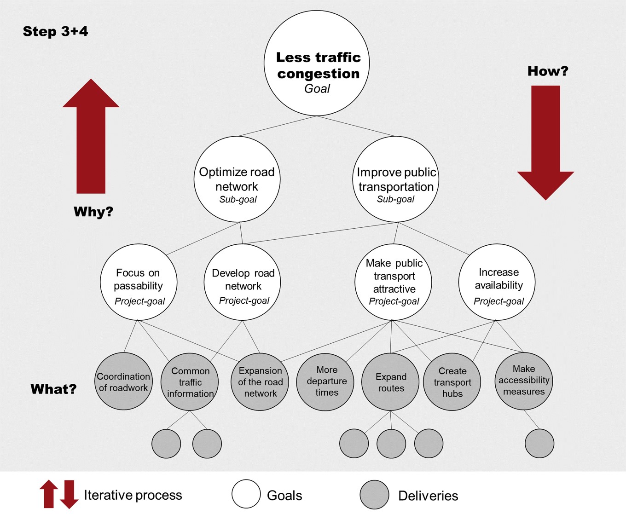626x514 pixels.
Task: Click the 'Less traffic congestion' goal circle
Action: [x=317, y=63]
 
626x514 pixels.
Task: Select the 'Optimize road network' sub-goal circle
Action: [x=237, y=179]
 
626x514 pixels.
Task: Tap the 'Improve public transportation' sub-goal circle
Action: [x=396, y=179]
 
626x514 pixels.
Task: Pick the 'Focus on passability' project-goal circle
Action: [x=139, y=282]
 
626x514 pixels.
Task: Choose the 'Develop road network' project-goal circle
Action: [x=243, y=282]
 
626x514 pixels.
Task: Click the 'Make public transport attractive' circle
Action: [x=393, y=282]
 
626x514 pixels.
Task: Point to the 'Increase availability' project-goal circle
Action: [x=497, y=282]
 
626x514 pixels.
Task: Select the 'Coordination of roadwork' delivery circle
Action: [x=123, y=381]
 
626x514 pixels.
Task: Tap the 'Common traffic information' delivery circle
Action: [x=190, y=382]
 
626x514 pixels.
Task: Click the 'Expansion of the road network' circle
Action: [x=260, y=382]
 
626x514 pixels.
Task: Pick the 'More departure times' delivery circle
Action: [x=325, y=382]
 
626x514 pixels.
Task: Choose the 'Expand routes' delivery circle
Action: [x=391, y=382]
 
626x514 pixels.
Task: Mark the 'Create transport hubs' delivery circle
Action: [x=452, y=382]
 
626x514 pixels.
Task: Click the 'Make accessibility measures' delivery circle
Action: [x=524, y=381]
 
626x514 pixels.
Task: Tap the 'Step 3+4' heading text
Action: [x=55, y=31]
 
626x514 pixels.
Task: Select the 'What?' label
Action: [x=53, y=389]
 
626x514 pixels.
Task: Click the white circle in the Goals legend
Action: [x=246, y=494]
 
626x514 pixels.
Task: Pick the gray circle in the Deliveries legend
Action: [x=374, y=495]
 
